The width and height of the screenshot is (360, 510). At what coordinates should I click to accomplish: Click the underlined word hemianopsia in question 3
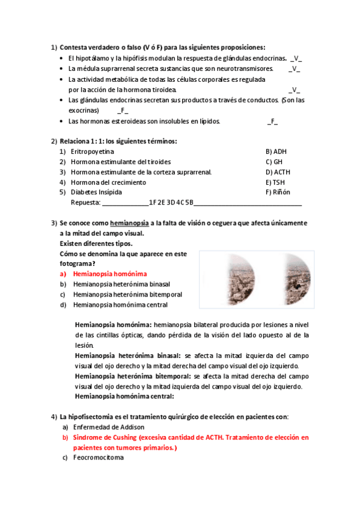[129, 223]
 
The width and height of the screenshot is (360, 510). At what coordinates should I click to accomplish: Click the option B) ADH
[276, 152]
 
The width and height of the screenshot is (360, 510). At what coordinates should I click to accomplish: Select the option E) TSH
[275, 182]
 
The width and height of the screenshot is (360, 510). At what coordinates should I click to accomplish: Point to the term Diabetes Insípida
[96, 192]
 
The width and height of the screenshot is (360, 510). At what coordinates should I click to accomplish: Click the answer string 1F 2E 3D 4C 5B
[171, 203]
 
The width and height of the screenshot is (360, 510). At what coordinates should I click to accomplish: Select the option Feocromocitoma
[98, 458]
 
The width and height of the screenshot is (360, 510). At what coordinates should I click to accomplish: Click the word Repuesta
[85, 203]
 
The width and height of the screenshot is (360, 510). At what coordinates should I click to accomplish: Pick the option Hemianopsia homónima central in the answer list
[120, 304]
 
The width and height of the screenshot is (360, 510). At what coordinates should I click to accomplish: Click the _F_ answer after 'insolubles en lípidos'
[272, 121]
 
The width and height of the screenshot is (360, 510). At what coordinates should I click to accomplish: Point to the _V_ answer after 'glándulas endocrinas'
[296, 59]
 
